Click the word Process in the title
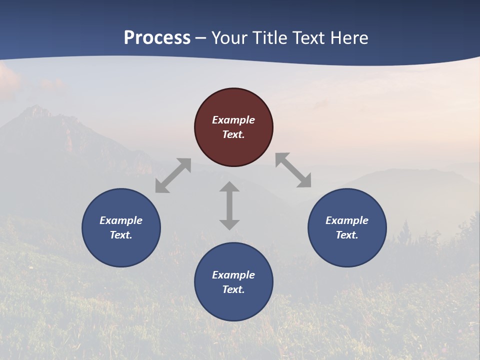click(x=157, y=38)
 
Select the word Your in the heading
click(x=229, y=38)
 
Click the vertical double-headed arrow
click(x=229, y=205)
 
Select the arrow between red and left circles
click(x=173, y=175)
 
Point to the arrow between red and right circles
click(x=293, y=170)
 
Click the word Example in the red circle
click(x=233, y=120)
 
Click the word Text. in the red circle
click(x=233, y=134)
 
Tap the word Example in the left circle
click(x=121, y=220)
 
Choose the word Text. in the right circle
click(x=347, y=235)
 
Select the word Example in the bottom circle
click(x=233, y=275)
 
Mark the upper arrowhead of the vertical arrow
click(x=229, y=187)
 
